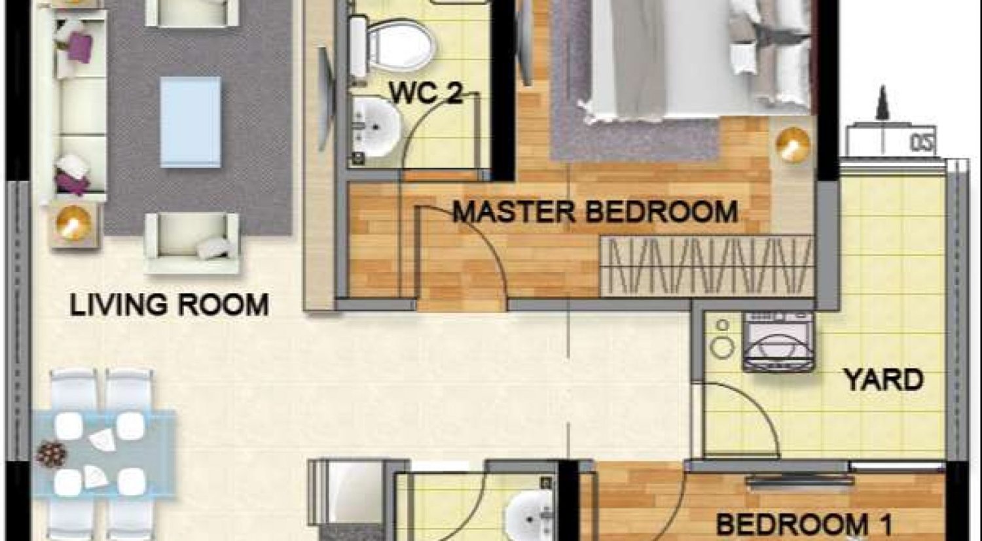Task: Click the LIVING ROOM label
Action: click(x=169, y=305)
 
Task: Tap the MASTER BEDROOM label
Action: click(x=595, y=212)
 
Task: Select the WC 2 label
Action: click(x=426, y=93)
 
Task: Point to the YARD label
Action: click(x=883, y=379)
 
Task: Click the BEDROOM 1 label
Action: click(x=805, y=524)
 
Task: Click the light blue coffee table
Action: click(x=191, y=122)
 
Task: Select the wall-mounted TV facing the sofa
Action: click(x=325, y=98)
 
